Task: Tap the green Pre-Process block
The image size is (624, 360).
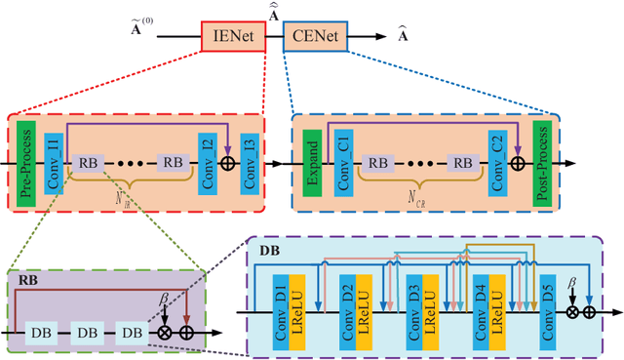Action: (26, 154)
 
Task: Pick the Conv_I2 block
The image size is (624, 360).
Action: (207, 163)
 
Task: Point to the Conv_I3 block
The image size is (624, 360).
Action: (251, 163)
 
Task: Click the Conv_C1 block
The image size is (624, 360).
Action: (343, 163)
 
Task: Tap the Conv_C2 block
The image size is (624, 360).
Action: (497, 163)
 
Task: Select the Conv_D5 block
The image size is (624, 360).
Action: (547, 311)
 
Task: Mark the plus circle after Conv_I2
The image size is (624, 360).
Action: (229, 163)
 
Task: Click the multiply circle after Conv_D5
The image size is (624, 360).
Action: (572, 312)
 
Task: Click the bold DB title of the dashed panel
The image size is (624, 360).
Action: (268, 250)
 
